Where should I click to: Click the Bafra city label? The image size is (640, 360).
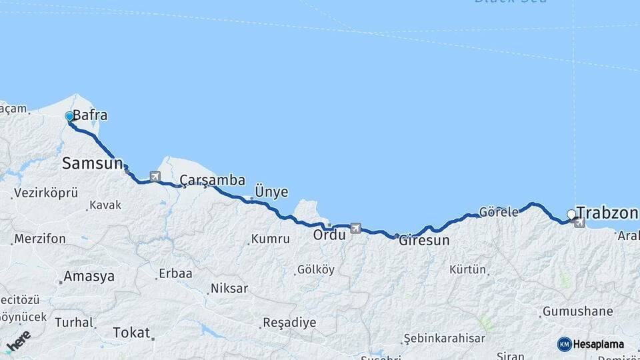(x=90, y=115)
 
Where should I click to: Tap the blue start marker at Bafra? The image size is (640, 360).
(x=69, y=117)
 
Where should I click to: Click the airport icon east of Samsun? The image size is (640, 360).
(x=155, y=177)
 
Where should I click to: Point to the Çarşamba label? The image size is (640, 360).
(x=212, y=180)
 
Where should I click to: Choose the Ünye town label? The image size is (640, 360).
(x=271, y=192)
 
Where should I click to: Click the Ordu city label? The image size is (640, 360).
(x=329, y=235)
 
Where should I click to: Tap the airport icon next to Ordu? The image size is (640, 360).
(x=355, y=229)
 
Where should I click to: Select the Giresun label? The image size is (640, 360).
(x=424, y=240)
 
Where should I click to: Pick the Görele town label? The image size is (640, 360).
(x=499, y=213)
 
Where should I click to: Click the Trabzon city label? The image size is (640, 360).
(x=607, y=213)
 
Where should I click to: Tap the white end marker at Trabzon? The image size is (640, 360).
(x=571, y=214)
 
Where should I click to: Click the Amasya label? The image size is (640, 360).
(x=89, y=276)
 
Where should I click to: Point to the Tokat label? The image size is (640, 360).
(x=131, y=332)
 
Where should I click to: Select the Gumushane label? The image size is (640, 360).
(x=577, y=311)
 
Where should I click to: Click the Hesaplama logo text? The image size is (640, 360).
(x=599, y=344)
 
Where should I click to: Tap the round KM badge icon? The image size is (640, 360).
(x=565, y=344)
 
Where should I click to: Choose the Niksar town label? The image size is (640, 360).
(x=229, y=289)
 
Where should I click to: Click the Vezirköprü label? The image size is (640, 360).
(x=45, y=193)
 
